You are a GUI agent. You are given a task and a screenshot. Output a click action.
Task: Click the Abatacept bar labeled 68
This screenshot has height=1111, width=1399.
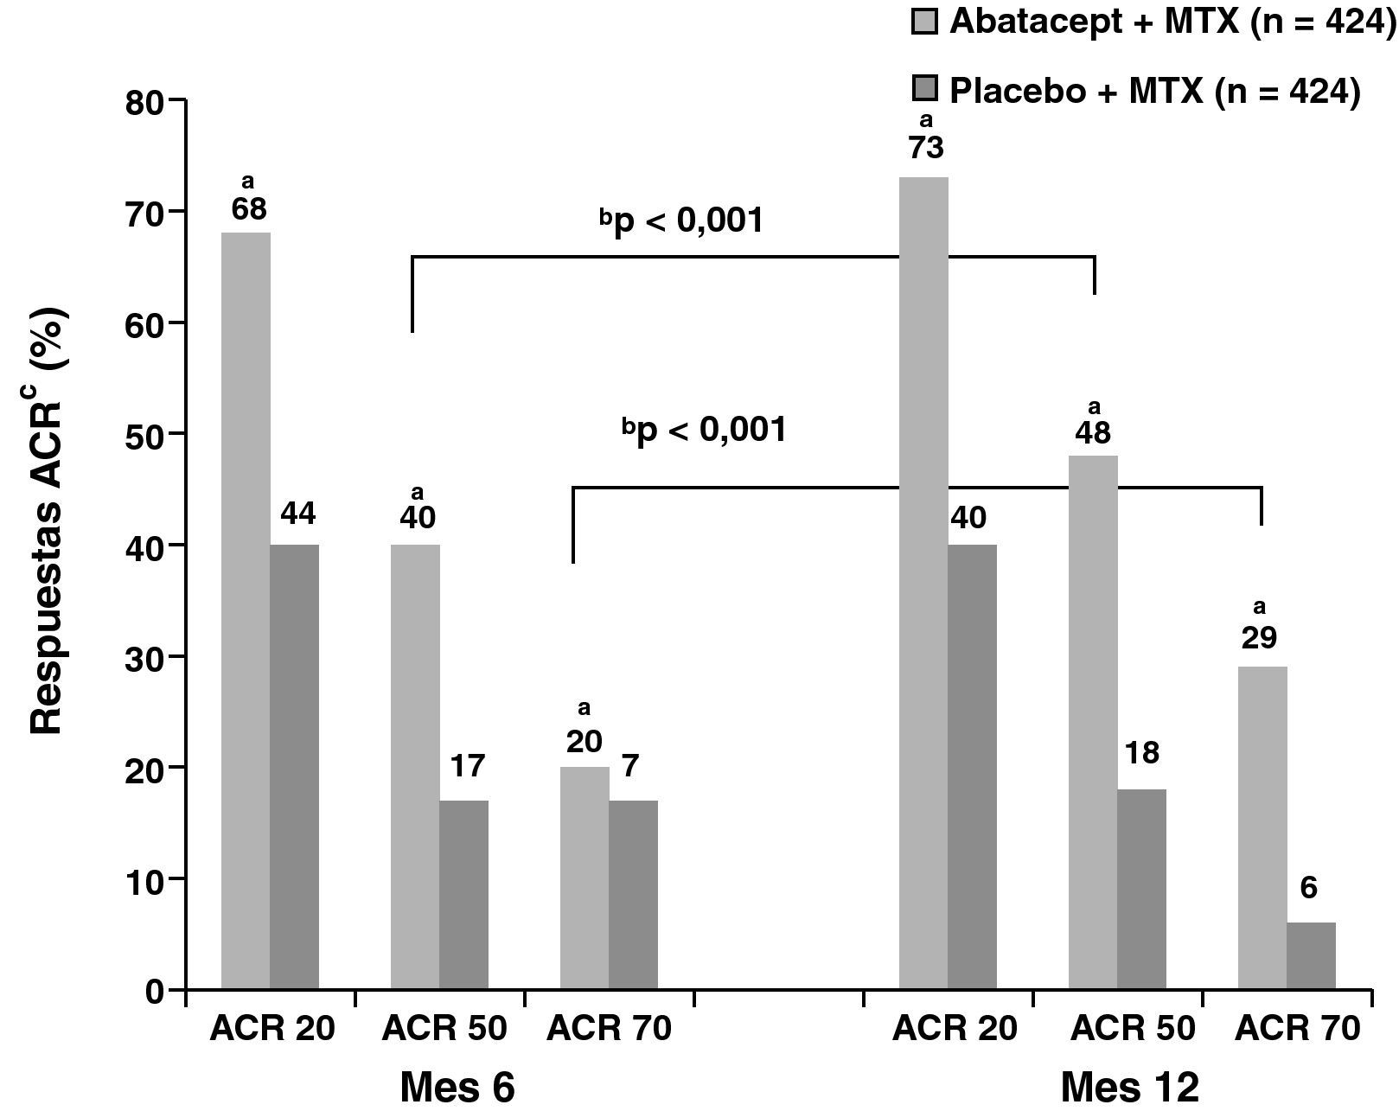246,610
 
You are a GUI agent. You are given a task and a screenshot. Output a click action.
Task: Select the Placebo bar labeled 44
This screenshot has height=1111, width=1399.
294,766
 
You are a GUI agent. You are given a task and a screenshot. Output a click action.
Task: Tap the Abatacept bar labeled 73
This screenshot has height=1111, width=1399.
923,583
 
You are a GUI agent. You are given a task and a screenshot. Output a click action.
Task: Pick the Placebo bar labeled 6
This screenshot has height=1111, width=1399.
1311,955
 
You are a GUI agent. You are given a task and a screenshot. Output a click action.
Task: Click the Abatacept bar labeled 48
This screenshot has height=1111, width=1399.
1093,722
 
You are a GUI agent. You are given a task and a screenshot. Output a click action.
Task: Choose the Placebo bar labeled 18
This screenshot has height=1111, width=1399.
1141,889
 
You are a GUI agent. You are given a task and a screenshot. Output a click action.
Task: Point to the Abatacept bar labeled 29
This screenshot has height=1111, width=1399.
1262,827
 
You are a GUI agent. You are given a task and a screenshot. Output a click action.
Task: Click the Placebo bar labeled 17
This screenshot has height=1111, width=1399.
463,894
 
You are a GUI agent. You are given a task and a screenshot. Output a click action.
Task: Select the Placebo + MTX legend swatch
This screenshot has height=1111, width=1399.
925,89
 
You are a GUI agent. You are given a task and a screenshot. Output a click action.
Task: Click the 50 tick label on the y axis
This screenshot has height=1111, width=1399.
143,435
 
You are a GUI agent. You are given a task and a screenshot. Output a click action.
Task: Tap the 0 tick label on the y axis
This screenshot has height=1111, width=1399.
154,991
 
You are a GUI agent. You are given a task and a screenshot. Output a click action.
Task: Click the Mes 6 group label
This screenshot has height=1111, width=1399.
457,1087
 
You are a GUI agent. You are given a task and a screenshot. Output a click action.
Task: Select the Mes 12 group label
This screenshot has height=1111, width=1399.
1129,1087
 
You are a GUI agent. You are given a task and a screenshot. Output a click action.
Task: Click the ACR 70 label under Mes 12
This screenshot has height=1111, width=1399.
1298,1029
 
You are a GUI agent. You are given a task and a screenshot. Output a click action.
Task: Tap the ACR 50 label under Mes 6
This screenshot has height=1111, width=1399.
444,1029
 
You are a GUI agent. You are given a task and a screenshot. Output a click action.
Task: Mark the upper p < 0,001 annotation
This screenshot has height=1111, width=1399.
682,222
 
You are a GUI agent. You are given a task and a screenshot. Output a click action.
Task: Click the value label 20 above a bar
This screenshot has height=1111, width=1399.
585,742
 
